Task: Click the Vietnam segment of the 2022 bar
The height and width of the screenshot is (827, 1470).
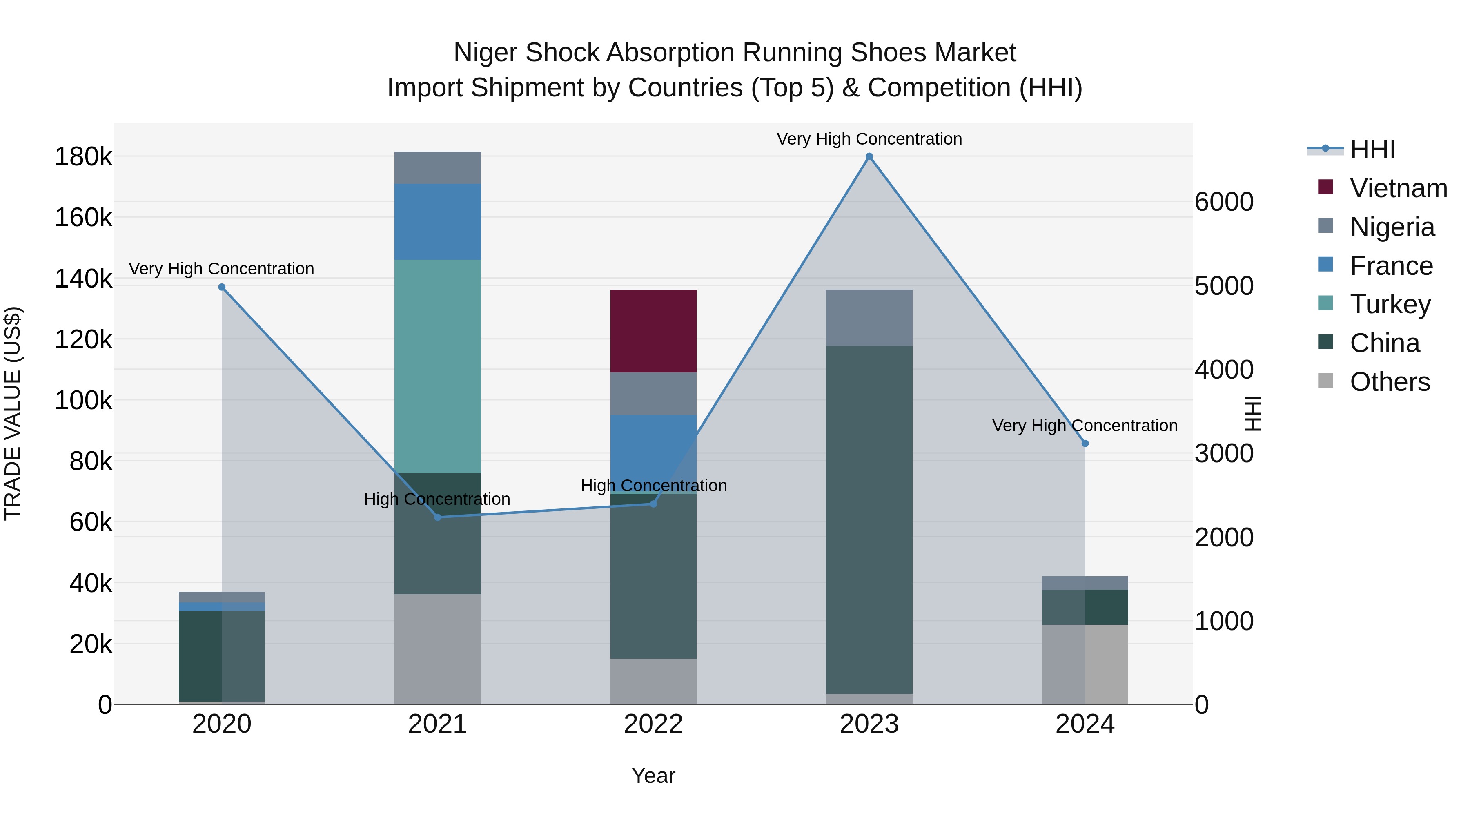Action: click(x=653, y=331)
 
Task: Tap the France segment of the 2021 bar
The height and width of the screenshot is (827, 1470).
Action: click(x=438, y=221)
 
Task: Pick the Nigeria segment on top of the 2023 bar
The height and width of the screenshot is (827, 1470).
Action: click(x=869, y=317)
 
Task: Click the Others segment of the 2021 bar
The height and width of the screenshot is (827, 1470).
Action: click(x=438, y=649)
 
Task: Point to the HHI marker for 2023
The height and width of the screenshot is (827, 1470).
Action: click(x=869, y=156)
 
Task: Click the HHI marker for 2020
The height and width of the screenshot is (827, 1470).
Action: click(x=222, y=287)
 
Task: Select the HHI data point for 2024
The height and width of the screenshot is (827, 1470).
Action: click(x=1085, y=444)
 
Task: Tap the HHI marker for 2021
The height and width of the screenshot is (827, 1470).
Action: click(x=438, y=517)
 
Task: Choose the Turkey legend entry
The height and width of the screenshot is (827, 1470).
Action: click(x=1390, y=304)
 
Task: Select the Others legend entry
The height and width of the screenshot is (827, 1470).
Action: click(x=1390, y=382)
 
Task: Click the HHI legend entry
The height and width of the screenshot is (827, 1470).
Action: click(x=1372, y=149)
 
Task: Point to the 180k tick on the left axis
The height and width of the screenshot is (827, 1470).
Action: click(x=83, y=156)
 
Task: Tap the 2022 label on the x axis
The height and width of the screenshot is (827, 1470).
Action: click(x=653, y=724)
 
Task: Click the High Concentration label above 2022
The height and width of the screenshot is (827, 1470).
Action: click(x=653, y=486)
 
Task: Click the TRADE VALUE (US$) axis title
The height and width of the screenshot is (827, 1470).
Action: click(x=13, y=413)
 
